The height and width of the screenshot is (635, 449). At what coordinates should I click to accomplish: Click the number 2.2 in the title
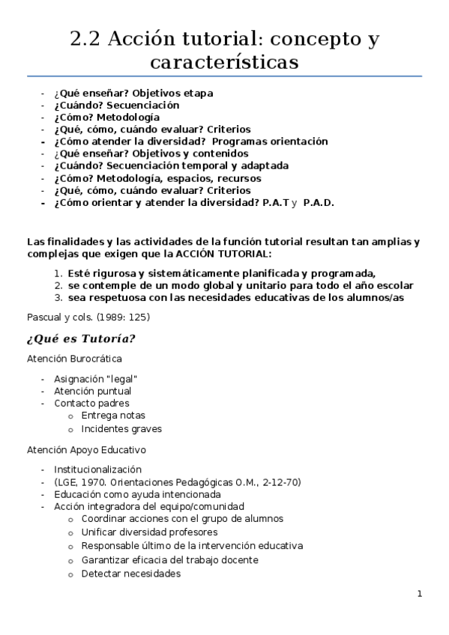pyautogui.click(x=85, y=40)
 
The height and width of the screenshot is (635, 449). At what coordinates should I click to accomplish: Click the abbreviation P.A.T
pyautogui.click(x=276, y=202)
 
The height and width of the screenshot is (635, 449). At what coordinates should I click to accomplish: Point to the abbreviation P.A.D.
pyautogui.click(x=319, y=202)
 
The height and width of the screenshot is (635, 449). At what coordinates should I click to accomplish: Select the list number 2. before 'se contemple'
pyautogui.click(x=58, y=285)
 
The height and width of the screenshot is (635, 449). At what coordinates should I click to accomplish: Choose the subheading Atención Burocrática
pyautogui.click(x=74, y=359)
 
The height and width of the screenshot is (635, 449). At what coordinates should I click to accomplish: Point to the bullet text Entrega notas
pyautogui.click(x=113, y=416)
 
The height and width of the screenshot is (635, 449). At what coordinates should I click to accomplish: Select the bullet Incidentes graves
pyautogui.click(x=121, y=429)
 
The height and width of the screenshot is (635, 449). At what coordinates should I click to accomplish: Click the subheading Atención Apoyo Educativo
pyautogui.click(x=86, y=450)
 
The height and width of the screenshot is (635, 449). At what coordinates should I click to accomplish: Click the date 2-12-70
pyautogui.click(x=280, y=482)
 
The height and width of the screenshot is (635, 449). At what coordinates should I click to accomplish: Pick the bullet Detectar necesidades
pyautogui.click(x=131, y=574)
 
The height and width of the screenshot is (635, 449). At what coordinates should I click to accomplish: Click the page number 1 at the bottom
pyautogui.click(x=420, y=594)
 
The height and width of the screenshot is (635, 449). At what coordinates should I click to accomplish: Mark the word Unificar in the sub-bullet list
pyautogui.click(x=100, y=532)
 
